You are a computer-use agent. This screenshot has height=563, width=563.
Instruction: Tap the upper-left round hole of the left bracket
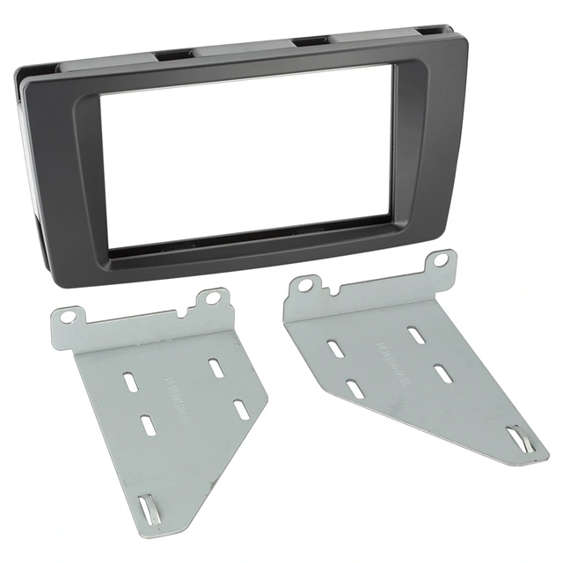69,313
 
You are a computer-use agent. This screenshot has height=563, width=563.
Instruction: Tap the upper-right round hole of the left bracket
212,298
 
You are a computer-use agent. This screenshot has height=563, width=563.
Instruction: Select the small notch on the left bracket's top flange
182,311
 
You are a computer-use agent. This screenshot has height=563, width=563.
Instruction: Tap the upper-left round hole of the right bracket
304,285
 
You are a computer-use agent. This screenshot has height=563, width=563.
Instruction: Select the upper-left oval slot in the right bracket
334,347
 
